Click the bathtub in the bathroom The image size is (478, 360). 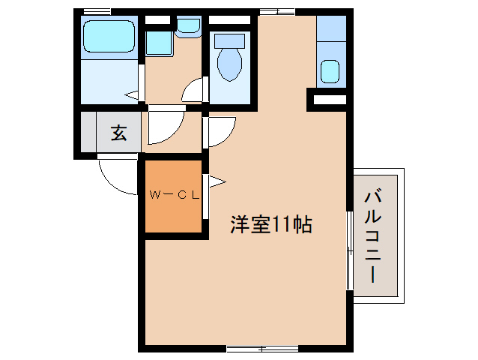coord(109,37)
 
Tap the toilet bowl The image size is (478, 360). coord(229,64)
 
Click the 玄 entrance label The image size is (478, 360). coord(118,133)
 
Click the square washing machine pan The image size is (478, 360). coord(158,43)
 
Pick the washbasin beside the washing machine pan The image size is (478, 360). coord(189,28)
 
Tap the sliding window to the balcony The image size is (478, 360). coord(349,250)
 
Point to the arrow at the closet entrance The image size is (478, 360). coord(216,180)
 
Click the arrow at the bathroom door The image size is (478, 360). coord(132,95)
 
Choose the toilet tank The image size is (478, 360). coord(229,38)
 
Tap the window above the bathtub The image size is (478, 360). coord(97,10)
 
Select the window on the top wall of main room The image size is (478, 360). coord(276,10)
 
